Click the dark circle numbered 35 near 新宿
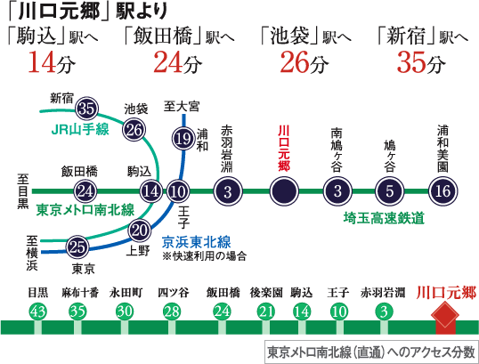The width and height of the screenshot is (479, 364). coord(86,109)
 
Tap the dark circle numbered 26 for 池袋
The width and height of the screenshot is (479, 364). coord(134,130)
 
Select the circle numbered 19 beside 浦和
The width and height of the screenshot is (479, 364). coord(183,139)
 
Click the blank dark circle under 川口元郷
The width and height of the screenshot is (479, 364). coord(284,191)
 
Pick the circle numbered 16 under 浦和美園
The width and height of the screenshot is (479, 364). coord(443,191)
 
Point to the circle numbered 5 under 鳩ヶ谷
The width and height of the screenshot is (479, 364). coord(390,191)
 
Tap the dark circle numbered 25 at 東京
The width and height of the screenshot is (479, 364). coord(77,247)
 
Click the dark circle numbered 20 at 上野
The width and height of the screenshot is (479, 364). coord(140,231)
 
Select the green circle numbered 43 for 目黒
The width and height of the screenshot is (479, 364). coord(38,311)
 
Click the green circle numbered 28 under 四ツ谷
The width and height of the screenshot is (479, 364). coord(171,311)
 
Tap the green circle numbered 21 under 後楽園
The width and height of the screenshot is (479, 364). coord(266,311)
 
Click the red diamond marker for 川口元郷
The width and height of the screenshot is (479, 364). coord(445,315)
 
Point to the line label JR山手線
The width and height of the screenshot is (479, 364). coord(80,129)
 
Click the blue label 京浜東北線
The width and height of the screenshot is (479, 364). coord(196,242)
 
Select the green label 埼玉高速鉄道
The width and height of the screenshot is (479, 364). coord(384,218)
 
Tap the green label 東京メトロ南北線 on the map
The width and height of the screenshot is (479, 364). coord(85,210)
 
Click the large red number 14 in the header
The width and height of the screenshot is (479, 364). coord(42,62)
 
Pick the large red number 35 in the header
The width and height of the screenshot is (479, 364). coord(410,62)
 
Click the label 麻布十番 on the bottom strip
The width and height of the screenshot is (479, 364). coord(80,293)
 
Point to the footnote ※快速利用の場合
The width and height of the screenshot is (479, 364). coord(204,256)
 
